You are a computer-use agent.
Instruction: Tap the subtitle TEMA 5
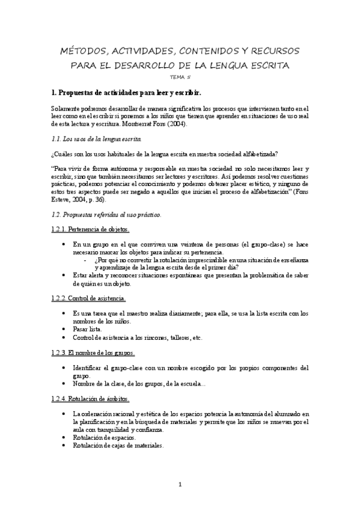tap(180, 76)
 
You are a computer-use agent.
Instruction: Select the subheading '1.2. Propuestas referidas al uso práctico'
tap(106, 214)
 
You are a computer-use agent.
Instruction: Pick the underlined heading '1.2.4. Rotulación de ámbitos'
tap(90, 399)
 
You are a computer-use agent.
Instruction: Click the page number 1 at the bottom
tap(180, 485)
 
